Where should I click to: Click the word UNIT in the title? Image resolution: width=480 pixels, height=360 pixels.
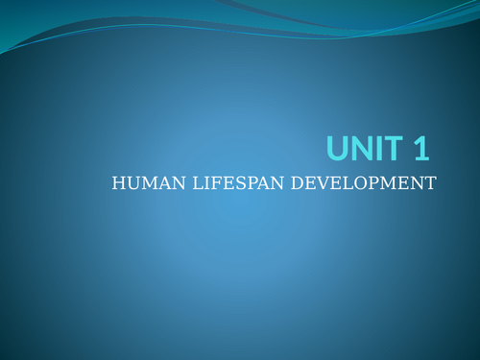(366, 149)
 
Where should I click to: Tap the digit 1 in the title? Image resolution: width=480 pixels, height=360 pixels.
(420, 149)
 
